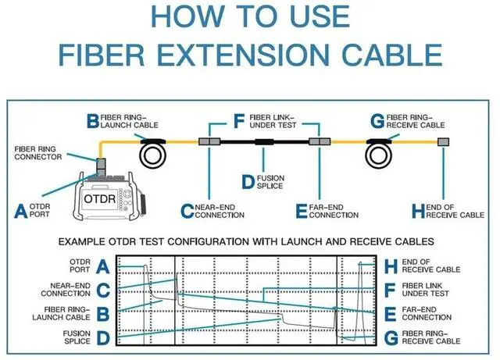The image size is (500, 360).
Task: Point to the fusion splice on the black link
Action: click(262, 142)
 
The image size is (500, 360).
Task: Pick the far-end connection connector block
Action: click(316, 142)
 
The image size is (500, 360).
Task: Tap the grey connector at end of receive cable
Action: click(443, 142)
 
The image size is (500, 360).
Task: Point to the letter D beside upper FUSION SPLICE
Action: click(248, 182)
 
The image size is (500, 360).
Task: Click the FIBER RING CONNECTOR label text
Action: click(37, 151)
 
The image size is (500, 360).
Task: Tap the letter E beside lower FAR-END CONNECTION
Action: click(391, 314)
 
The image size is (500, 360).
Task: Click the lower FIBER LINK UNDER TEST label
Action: click(426, 290)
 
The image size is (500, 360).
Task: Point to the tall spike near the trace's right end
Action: click(360, 273)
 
